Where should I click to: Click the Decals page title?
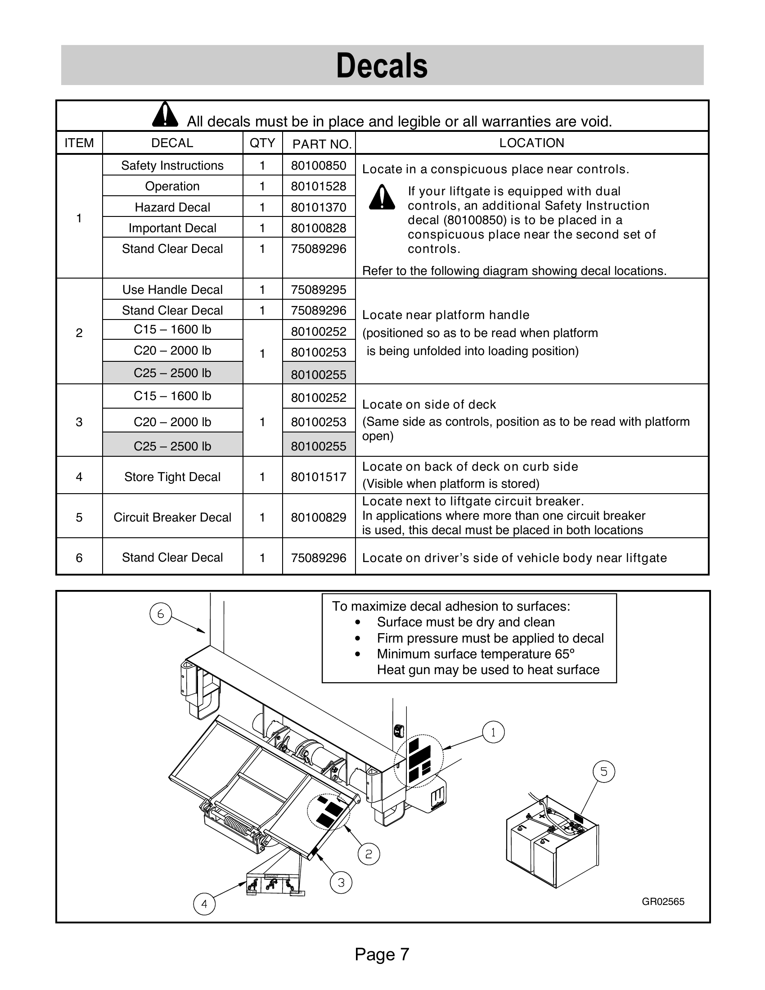[x=382, y=66]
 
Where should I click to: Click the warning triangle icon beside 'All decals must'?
[x=165, y=114]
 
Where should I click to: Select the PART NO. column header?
[x=322, y=144]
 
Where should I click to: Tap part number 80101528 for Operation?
[x=319, y=186]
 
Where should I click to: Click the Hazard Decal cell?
[x=172, y=207]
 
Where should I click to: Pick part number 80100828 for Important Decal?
[x=319, y=228]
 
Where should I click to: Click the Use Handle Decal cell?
[x=172, y=290]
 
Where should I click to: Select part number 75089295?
[x=319, y=290]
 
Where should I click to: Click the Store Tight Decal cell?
[x=172, y=477]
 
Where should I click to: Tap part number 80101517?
[x=319, y=477]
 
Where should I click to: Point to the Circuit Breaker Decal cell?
[x=172, y=517]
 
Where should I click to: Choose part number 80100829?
[x=319, y=517]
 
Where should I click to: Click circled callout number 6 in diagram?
[x=161, y=614]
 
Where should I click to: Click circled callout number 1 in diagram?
[x=493, y=732]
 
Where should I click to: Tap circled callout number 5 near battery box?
[x=603, y=771]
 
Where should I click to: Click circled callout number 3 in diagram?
[x=341, y=882]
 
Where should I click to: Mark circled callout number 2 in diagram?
[x=369, y=854]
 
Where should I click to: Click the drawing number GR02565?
[x=662, y=902]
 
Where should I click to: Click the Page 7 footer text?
[x=382, y=954]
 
